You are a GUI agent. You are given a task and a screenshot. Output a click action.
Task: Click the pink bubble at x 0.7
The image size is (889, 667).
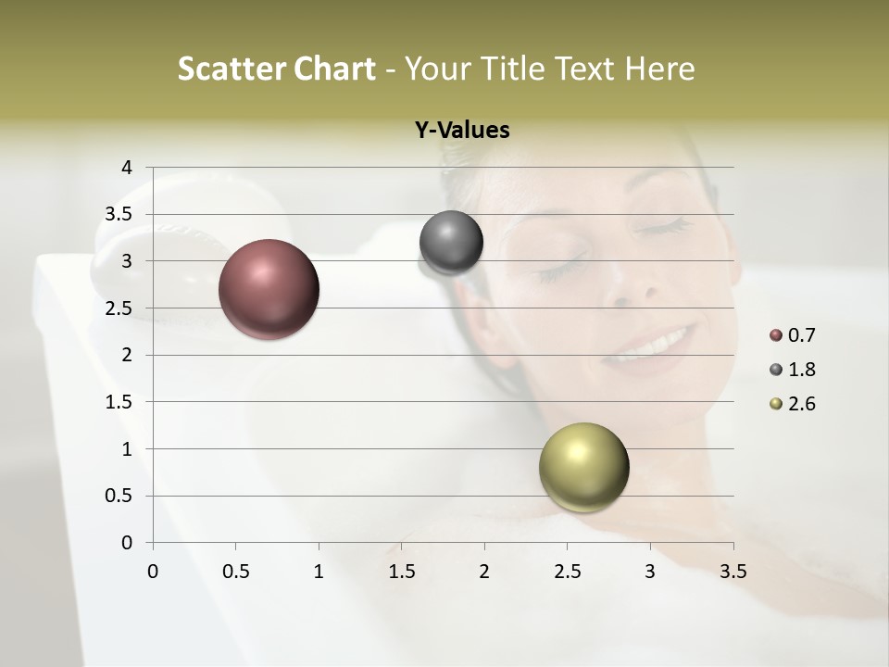(269, 289)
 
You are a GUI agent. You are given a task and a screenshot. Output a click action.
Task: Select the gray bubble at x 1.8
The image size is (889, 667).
(451, 243)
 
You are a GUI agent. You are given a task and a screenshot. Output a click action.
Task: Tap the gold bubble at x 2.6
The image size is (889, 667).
(583, 467)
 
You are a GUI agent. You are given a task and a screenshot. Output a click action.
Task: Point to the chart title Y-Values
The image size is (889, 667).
(461, 131)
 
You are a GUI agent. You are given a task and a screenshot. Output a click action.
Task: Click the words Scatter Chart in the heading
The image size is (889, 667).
(276, 69)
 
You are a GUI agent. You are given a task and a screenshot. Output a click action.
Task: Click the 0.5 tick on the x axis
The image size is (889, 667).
(235, 572)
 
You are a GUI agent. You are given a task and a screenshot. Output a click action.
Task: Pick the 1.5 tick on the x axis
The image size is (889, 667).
(401, 572)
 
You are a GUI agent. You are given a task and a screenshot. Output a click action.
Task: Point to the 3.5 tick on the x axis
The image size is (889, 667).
(732, 572)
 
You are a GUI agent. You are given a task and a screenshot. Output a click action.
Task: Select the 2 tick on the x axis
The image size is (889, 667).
(484, 572)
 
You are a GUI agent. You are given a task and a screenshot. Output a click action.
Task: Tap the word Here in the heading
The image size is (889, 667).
(660, 69)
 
